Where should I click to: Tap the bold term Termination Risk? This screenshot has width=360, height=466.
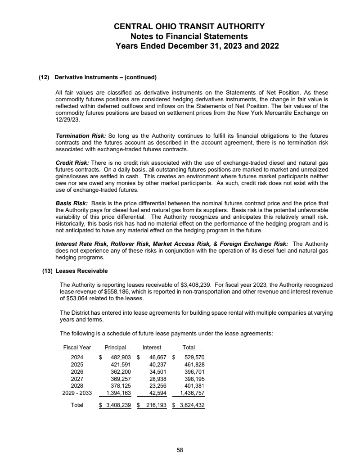click(x=74, y=136)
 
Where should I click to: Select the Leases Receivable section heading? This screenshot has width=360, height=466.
click(x=81, y=271)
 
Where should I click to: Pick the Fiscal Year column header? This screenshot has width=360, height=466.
click(x=77, y=347)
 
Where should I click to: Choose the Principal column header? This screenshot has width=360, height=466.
click(x=115, y=347)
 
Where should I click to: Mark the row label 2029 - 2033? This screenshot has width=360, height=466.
click(x=77, y=393)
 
